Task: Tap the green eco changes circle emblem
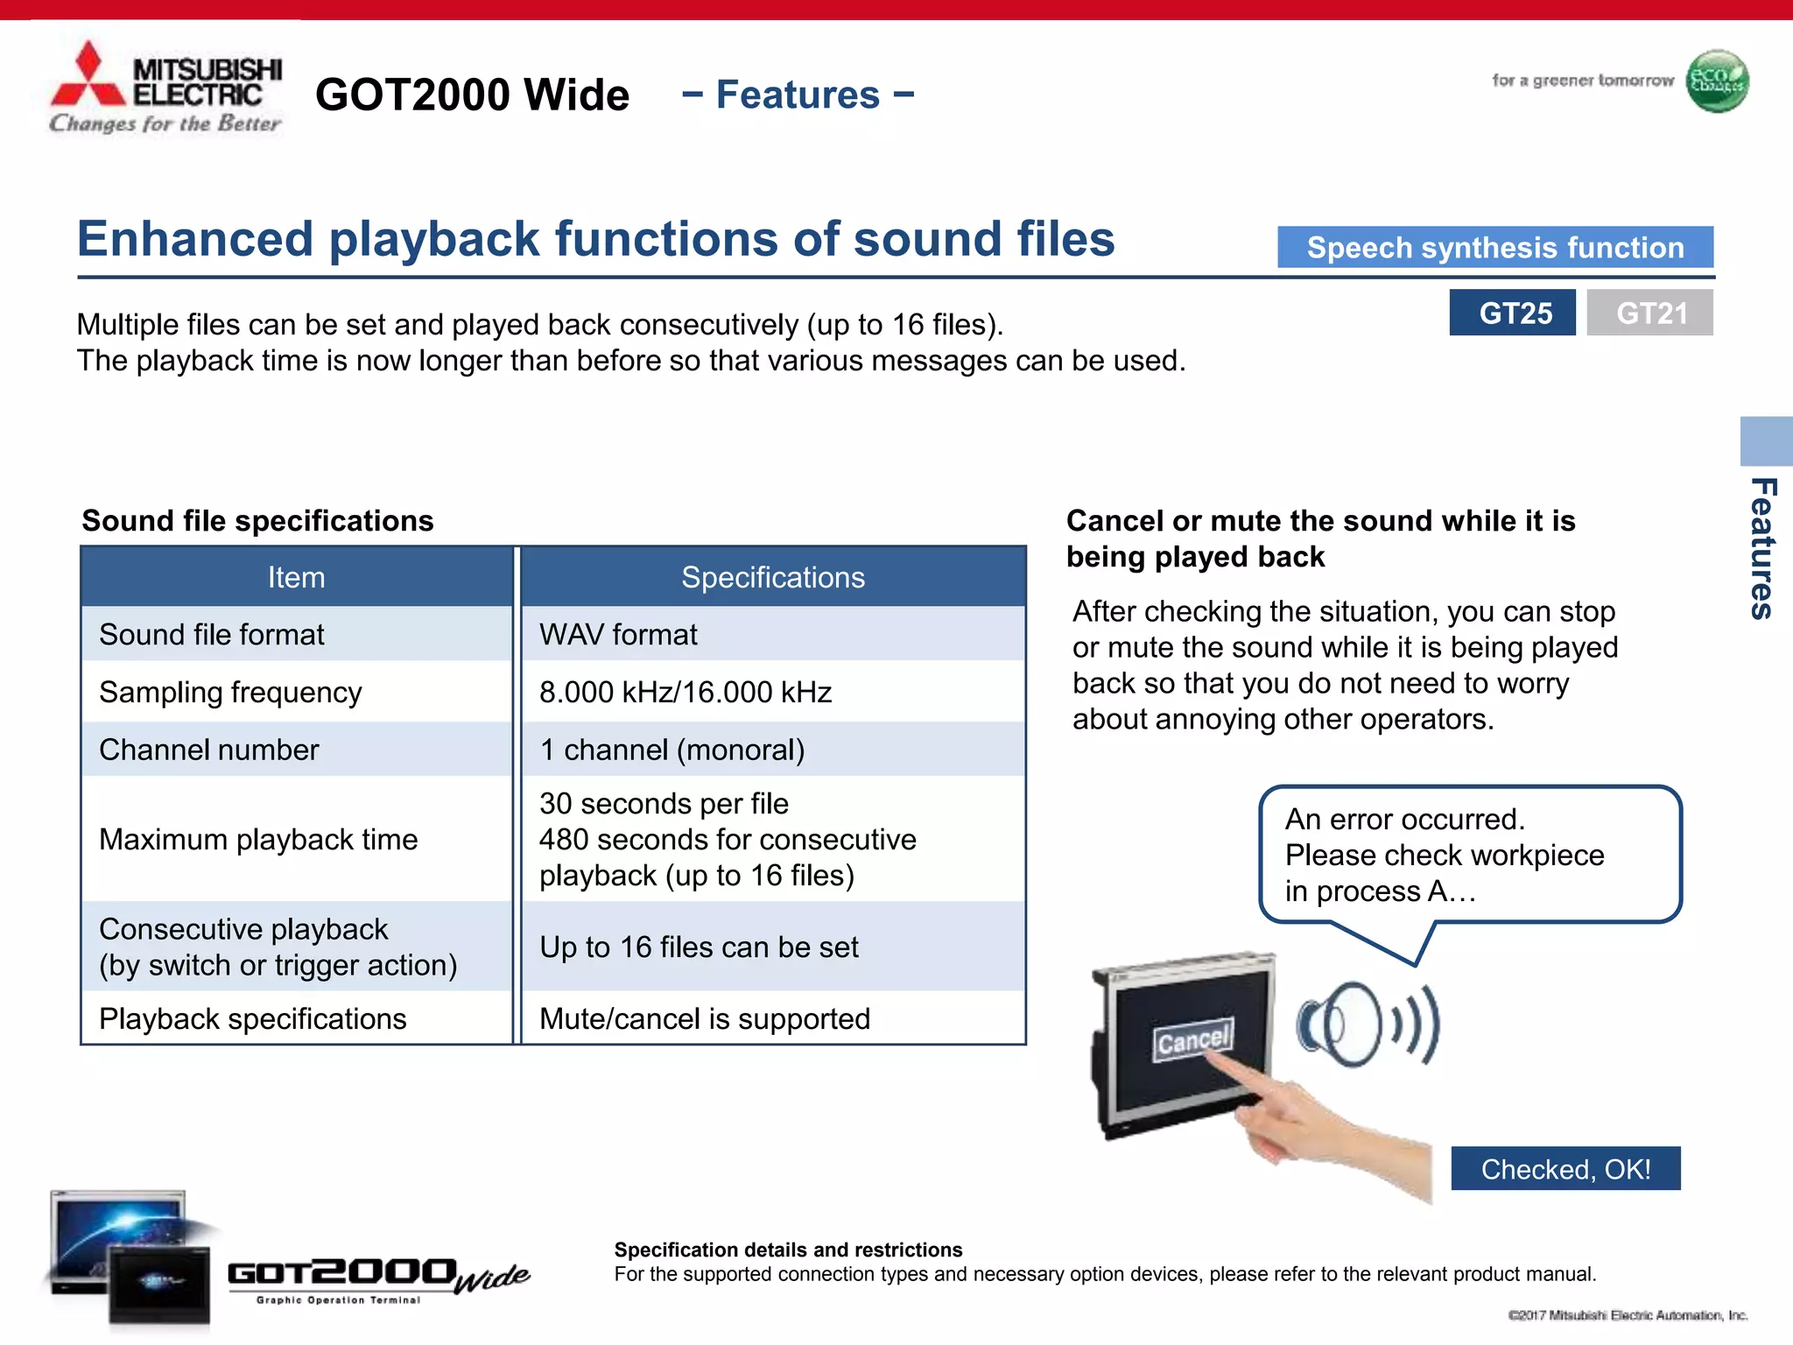point(1717,81)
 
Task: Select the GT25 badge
point(1512,313)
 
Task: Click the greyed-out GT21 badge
point(1649,313)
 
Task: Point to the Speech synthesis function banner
point(1494,248)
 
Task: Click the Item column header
point(296,577)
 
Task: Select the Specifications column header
point(773,577)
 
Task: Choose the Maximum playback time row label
point(258,839)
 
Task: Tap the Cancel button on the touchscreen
point(1192,1040)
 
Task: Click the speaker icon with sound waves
point(1367,1024)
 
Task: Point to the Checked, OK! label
point(1565,1169)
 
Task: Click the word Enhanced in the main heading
point(194,239)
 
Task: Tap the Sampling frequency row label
point(230,692)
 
